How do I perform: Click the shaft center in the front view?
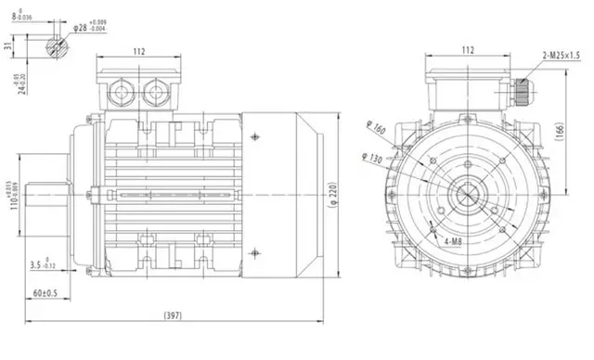468,196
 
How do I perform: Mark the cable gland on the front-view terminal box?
524,87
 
